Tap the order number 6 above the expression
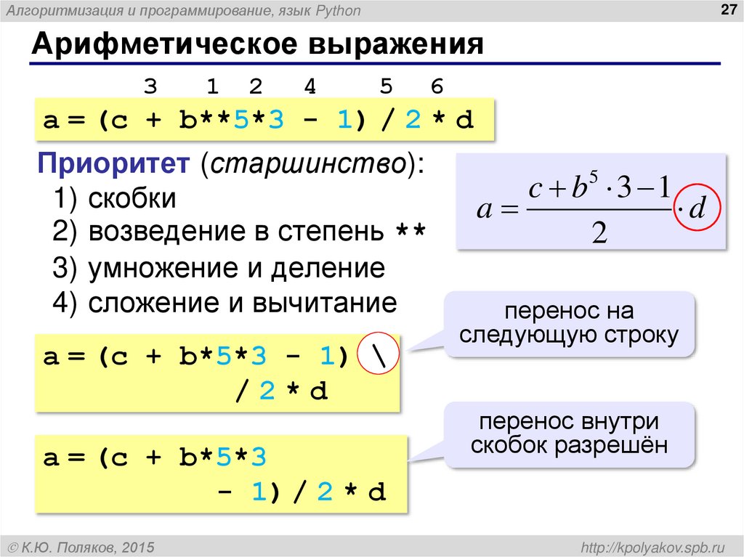click(437, 87)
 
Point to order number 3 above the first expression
click(150, 87)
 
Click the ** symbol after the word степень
click(411, 234)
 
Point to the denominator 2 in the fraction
click(599, 234)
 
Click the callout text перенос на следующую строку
click(569, 323)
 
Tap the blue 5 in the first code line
click(240, 120)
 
